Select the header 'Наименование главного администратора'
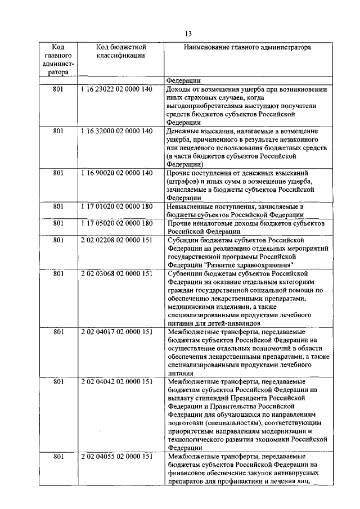coord(247,48)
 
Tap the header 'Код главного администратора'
coord(57,60)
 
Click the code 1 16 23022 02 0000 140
coord(116,89)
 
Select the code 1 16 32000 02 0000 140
coord(116,131)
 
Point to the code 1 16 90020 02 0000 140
coord(116,173)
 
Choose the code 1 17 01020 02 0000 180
coord(116,206)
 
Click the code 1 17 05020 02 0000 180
coord(116,223)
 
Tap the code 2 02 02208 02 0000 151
coord(116,240)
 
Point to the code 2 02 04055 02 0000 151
coord(116,456)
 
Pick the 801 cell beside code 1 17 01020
coord(57,206)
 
